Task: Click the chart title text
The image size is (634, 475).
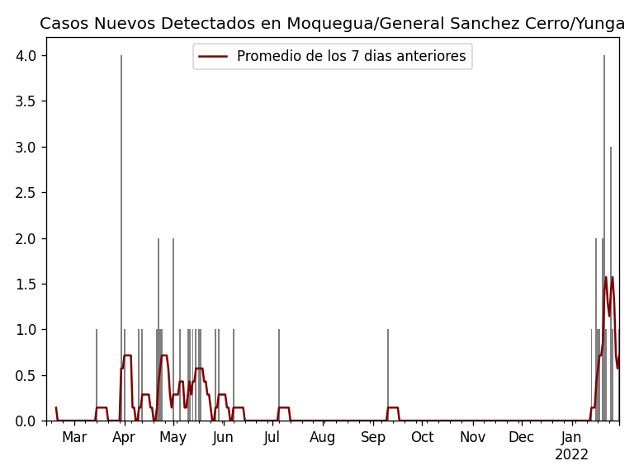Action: tap(332, 24)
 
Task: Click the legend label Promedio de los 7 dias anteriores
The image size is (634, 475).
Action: tap(351, 57)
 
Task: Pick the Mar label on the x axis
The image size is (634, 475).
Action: tap(74, 438)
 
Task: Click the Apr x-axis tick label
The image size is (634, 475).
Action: tap(124, 438)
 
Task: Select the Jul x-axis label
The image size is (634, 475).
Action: tap(272, 438)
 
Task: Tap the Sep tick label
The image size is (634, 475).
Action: tap(373, 438)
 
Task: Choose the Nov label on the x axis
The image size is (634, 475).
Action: tap(472, 438)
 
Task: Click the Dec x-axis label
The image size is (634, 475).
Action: tap(521, 438)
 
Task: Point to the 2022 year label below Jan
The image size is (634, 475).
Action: tap(571, 455)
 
